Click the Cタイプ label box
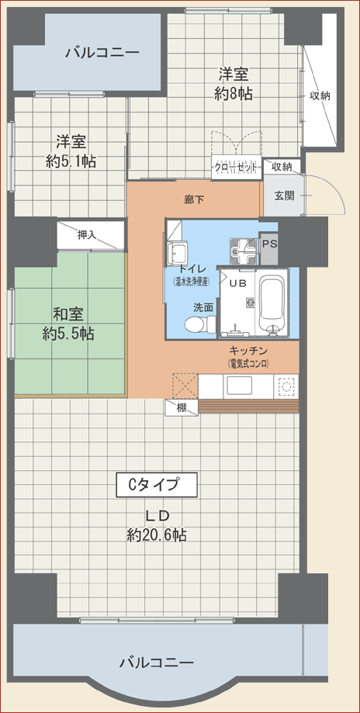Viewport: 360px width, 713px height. coord(157,485)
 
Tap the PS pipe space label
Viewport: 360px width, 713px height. coord(270,244)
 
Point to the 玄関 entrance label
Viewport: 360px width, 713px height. coord(284,196)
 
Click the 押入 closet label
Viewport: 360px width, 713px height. coord(87,235)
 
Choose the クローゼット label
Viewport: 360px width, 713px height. coord(236,168)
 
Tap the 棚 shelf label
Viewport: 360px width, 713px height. coord(182,407)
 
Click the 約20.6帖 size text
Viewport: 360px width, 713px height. coord(157,535)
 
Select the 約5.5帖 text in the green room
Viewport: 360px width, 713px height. coord(68,334)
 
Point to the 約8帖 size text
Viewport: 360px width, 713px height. coord(234,94)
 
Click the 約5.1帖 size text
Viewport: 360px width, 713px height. coord(71,161)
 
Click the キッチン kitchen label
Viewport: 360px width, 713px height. coord(250,351)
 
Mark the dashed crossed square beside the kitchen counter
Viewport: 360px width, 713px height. coord(185,386)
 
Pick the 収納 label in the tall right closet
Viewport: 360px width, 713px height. coord(320,95)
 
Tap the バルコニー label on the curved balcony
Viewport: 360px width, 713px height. coord(157,663)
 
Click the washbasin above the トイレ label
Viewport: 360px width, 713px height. coord(176,251)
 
